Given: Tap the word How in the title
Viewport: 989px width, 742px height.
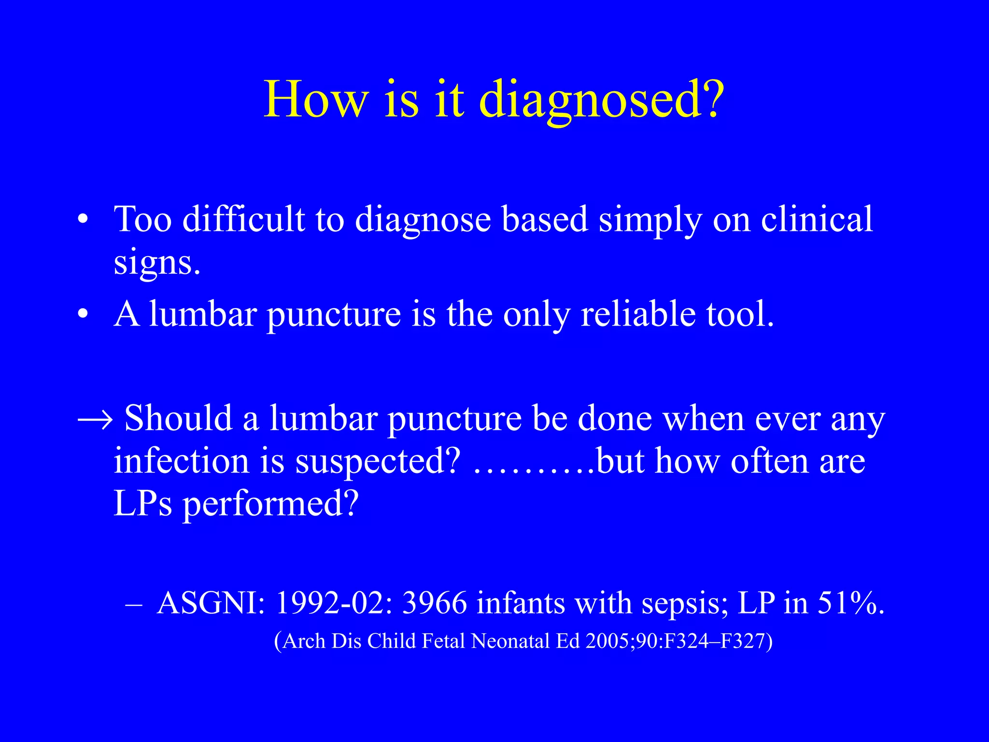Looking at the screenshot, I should (315, 100).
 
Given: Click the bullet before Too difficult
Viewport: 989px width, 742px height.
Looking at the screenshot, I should (83, 220).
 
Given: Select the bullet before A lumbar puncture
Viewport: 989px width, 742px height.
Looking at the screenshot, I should (83, 315).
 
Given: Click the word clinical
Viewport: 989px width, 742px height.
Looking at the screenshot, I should (817, 219).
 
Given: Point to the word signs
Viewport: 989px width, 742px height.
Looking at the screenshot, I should (156, 264).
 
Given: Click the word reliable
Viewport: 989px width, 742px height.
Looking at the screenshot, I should (638, 314).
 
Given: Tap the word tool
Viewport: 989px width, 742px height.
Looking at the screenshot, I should (739, 314).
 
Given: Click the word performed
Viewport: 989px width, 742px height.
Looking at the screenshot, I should (270, 504).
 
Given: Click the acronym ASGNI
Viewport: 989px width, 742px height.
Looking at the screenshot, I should (211, 603).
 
